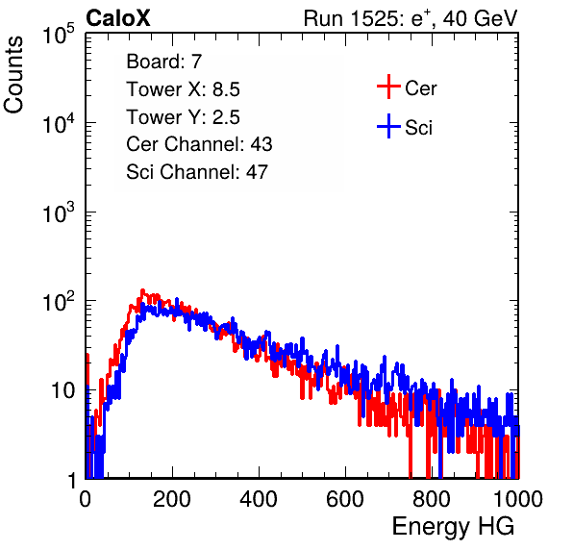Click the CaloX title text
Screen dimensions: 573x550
(x=117, y=18)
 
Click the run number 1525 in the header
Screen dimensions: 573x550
(x=374, y=18)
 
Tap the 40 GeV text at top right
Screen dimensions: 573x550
(x=480, y=18)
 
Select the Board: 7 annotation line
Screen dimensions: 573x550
(x=164, y=62)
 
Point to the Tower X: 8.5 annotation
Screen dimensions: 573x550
(x=183, y=89)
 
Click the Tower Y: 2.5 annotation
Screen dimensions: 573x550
(x=183, y=117)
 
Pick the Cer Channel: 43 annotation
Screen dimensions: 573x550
(x=199, y=144)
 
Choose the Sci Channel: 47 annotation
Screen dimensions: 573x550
(x=197, y=172)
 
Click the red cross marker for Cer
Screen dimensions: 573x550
(x=388, y=87)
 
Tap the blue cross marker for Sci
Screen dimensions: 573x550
(x=388, y=126)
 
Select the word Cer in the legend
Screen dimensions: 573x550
(x=420, y=88)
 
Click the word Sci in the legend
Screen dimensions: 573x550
(x=419, y=128)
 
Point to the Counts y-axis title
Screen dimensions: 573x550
(x=13, y=75)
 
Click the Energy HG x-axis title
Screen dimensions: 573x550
(x=453, y=527)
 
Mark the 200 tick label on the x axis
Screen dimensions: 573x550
(x=172, y=499)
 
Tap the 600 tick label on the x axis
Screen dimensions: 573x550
(x=345, y=499)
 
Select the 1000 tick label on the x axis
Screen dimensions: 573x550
(x=518, y=499)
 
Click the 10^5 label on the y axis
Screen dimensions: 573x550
(x=59, y=34)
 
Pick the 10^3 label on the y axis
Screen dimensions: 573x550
(x=59, y=212)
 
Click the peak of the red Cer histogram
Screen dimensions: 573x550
(x=142, y=290)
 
